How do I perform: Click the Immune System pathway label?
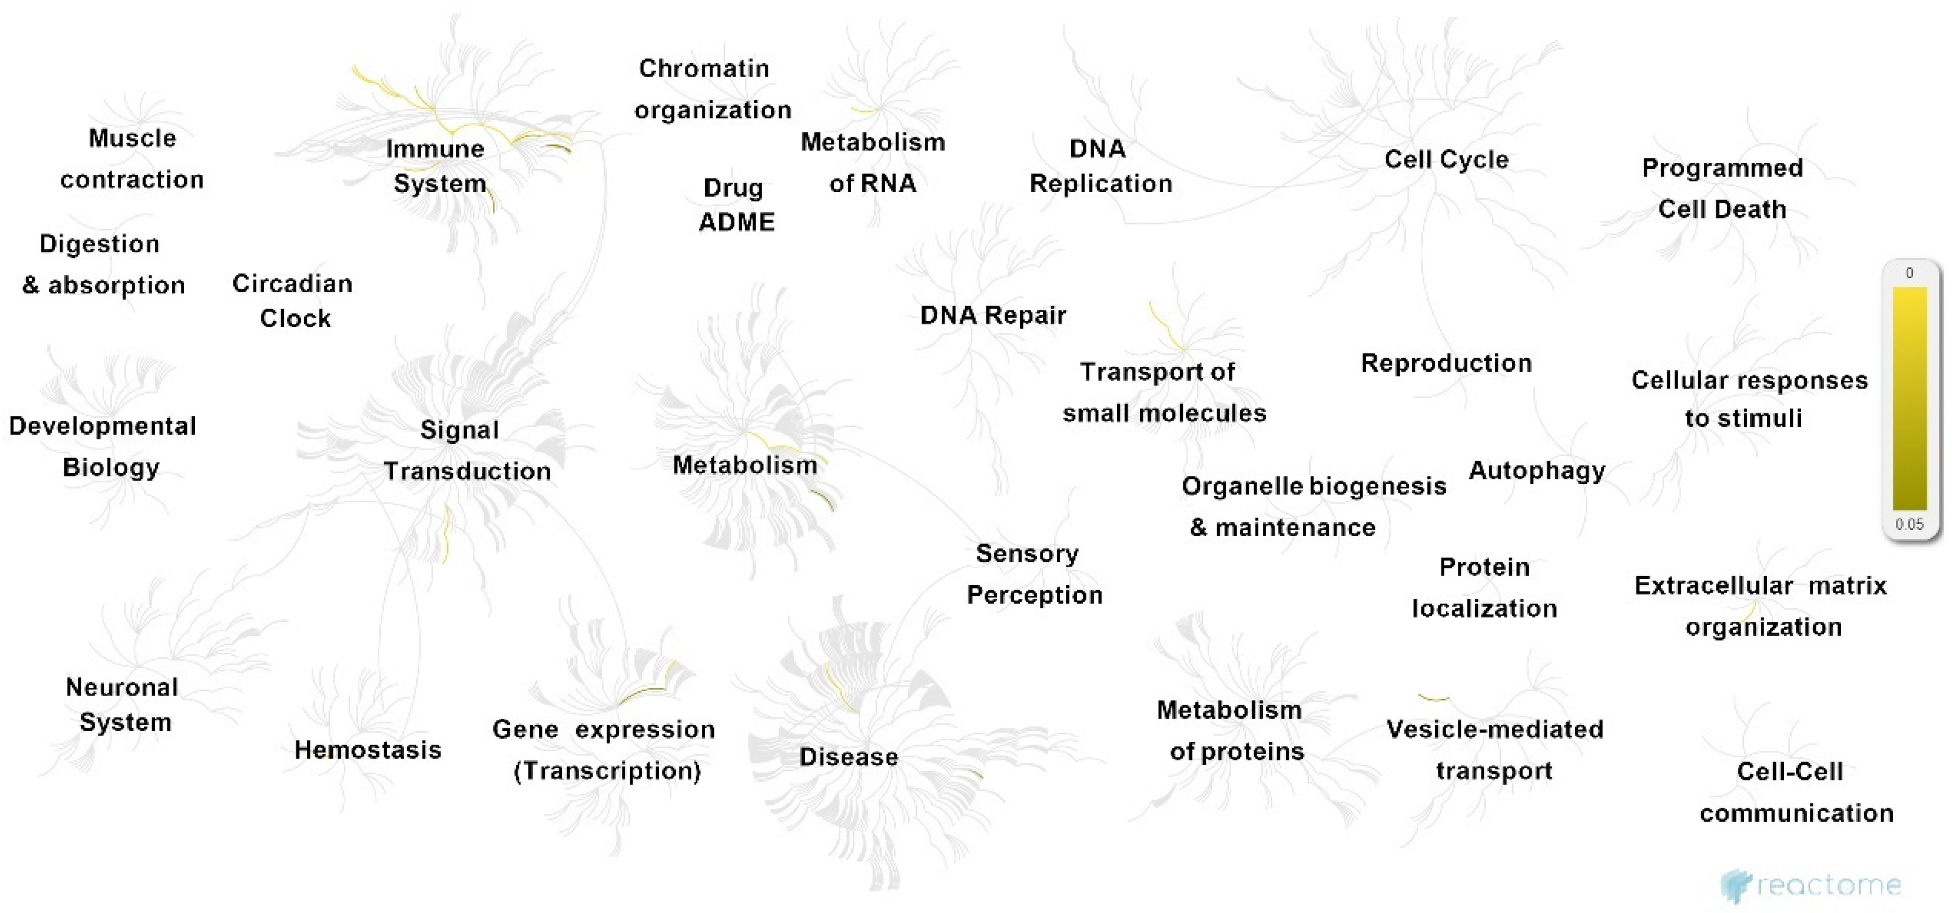(x=437, y=166)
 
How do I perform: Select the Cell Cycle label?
(x=1446, y=159)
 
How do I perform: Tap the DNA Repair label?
(x=993, y=315)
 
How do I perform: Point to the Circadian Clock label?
(x=293, y=300)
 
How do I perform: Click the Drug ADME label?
(x=735, y=205)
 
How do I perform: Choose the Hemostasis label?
(x=368, y=750)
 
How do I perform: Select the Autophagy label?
(x=1537, y=471)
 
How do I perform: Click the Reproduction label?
(x=1446, y=363)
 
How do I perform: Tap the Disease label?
(x=849, y=757)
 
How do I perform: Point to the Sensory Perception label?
(x=1033, y=574)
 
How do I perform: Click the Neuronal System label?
(x=123, y=705)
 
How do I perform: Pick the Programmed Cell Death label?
(x=1722, y=188)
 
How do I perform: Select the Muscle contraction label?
(x=132, y=158)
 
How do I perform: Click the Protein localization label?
(x=1484, y=587)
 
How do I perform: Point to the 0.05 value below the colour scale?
(x=1910, y=524)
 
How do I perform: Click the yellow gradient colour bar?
(x=1910, y=398)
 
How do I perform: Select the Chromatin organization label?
(x=711, y=89)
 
